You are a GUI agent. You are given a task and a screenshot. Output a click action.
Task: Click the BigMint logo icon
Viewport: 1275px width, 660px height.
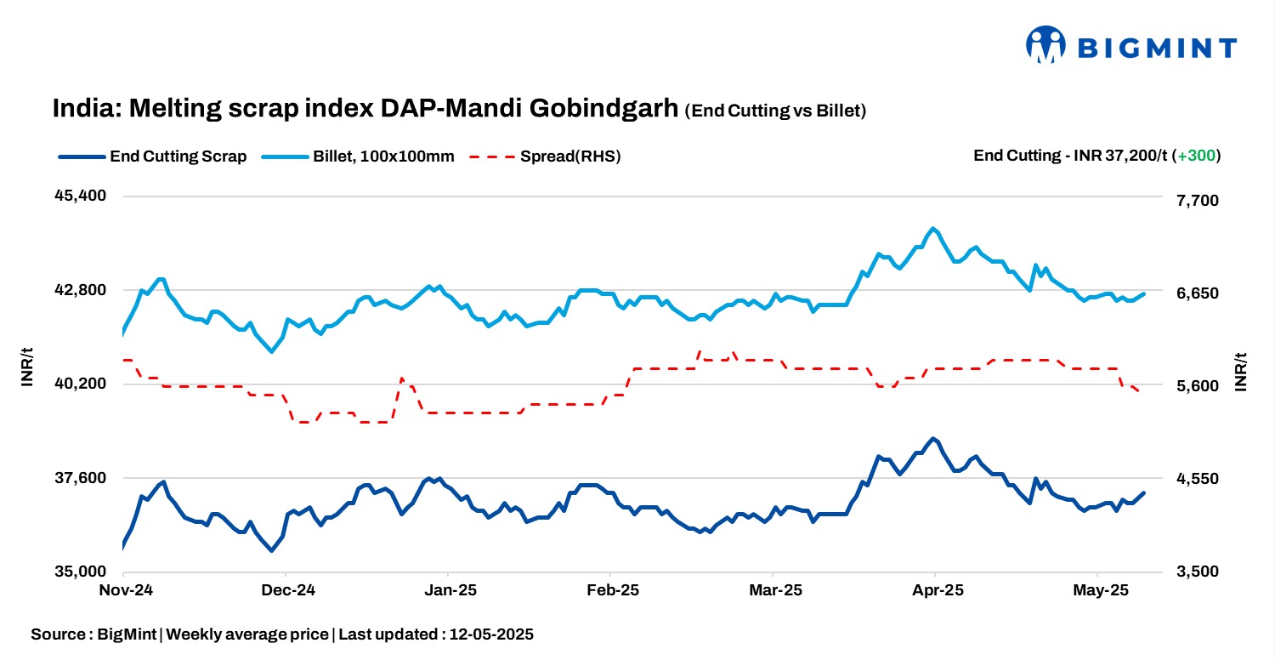click(x=1045, y=44)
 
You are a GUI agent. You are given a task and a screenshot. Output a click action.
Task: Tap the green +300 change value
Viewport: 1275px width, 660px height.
click(x=1196, y=156)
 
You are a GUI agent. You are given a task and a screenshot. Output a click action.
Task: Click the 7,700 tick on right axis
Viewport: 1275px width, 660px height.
click(x=1194, y=201)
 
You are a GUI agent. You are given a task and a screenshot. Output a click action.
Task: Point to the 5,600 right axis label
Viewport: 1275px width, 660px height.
click(x=1194, y=386)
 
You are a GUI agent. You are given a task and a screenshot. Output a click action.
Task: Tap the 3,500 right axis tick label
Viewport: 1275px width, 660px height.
click(x=1194, y=572)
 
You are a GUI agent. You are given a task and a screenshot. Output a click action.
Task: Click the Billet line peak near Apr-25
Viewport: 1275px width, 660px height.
click(x=933, y=229)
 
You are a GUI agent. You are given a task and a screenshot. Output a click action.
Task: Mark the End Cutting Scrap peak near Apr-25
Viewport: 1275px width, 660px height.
click(x=933, y=439)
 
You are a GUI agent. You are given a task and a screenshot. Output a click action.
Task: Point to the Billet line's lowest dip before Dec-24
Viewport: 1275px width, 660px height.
click(x=272, y=351)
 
